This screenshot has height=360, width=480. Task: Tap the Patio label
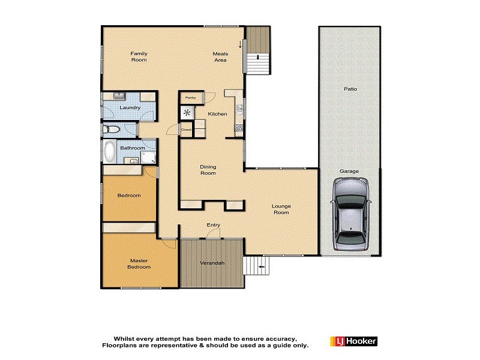coord(350,89)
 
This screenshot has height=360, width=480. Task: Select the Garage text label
coord(349,171)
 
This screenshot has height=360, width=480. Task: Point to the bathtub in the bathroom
coord(110,152)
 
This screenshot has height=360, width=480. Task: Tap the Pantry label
coord(191,98)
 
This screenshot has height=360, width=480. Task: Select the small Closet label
coord(186,129)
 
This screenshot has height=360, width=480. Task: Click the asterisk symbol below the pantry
coord(187,112)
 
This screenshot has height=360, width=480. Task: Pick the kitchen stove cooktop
coord(239,127)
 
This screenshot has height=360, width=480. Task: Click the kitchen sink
coord(239,109)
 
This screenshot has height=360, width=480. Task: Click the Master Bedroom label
coord(139,264)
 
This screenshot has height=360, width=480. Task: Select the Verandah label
coord(212,263)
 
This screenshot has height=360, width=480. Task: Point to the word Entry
coord(213,225)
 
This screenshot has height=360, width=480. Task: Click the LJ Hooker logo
coord(353,341)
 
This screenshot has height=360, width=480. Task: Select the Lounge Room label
coord(281,209)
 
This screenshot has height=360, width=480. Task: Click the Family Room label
coord(139,57)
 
